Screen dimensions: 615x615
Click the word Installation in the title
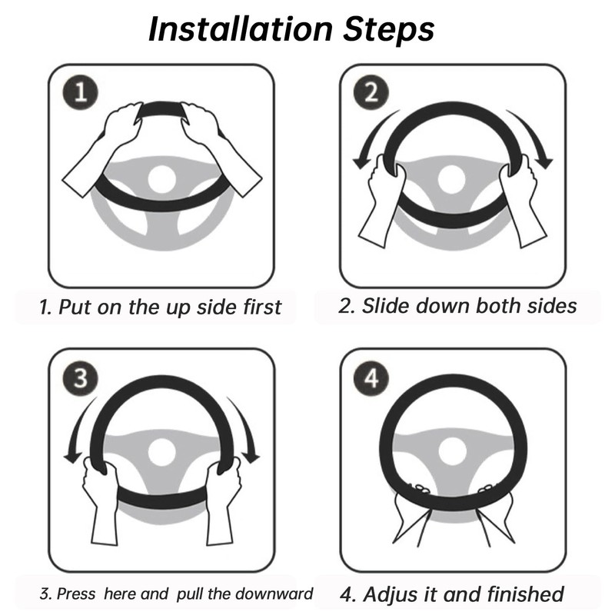click(x=241, y=29)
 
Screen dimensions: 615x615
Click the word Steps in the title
click(x=389, y=31)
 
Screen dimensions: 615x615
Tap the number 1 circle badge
click(x=81, y=92)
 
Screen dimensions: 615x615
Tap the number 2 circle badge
click(x=371, y=92)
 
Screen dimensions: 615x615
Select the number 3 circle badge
click(x=81, y=378)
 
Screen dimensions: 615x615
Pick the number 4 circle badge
click(x=371, y=378)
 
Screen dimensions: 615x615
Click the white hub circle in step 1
click(x=161, y=179)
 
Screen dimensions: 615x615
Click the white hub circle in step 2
click(x=451, y=180)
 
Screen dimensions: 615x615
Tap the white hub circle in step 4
click(x=453, y=452)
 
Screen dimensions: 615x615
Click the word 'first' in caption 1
click(x=261, y=307)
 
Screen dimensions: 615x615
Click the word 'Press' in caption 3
click(x=76, y=593)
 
